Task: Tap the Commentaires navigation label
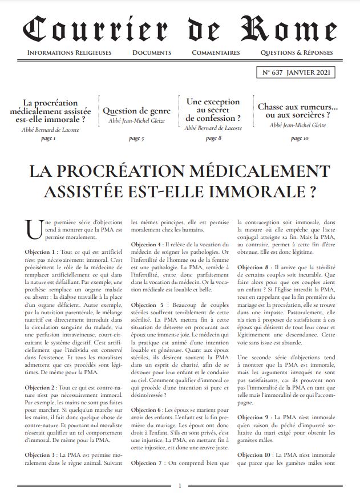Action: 216,52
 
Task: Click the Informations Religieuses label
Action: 69,52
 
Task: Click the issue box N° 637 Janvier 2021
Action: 296,73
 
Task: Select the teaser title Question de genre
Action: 136,111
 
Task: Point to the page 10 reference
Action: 298,138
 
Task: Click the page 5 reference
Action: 136,138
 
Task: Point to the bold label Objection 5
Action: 149,305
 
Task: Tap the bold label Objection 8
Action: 255,267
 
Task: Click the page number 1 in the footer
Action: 180,486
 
